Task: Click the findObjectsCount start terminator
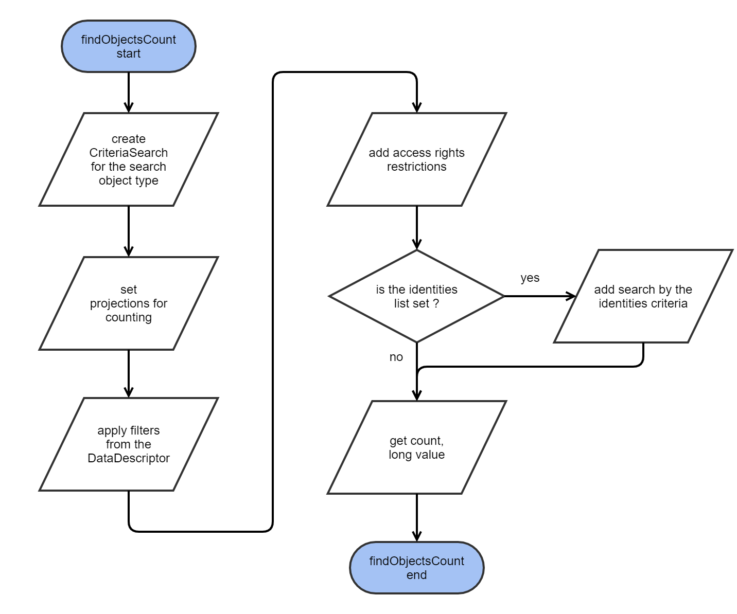click(x=129, y=46)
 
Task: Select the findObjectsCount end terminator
click(x=416, y=568)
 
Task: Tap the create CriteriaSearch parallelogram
click(x=129, y=159)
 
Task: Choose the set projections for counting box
click(x=129, y=303)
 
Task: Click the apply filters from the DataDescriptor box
click(x=129, y=444)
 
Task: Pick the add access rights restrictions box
click(x=416, y=159)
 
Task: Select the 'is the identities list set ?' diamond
click(x=416, y=296)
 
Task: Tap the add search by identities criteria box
click(x=643, y=296)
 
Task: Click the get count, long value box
click(x=416, y=447)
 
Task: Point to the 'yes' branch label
click(x=530, y=278)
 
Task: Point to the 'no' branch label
click(x=396, y=357)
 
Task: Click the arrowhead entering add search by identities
click(x=571, y=296)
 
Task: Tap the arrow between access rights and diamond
click(x=416, y=226)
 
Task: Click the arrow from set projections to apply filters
click(x=129, y=372)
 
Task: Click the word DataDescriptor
click(x=129, y=458)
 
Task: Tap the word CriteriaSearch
click(x=129, y=153)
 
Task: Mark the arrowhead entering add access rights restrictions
click(x=416, y=107)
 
